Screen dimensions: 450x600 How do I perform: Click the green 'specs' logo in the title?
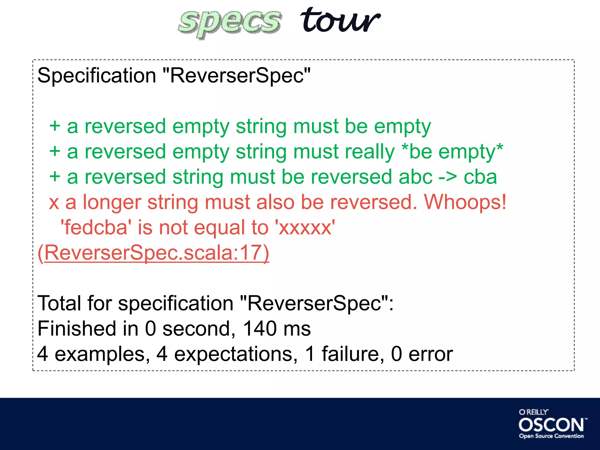coord(230,23)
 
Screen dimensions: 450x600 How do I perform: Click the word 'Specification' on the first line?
coord(97,76)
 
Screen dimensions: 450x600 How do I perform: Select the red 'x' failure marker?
coord(54,203)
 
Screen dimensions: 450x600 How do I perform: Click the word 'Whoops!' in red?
coord(465,202)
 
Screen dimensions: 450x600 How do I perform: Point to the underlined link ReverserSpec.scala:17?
coord(154,253)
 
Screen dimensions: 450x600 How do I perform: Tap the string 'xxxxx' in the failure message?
coord(305,228)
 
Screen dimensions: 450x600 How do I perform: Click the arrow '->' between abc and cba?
coord(447,177)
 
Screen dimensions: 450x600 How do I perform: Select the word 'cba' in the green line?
coord(480,177)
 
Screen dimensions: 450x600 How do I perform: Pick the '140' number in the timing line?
coord(260,328)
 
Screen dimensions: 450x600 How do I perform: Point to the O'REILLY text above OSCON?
coord(533,412)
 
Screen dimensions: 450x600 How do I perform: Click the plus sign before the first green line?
coord(55,127)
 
